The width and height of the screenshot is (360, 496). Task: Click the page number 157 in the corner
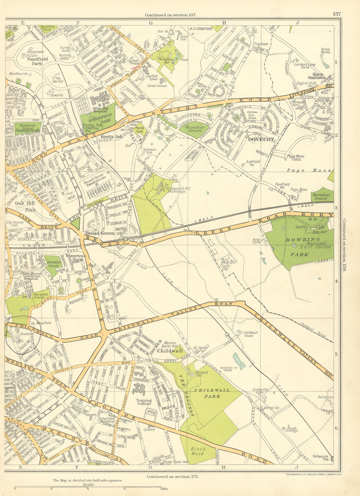tap(337, 14)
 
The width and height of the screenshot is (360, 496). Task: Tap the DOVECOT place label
tap(261, 139)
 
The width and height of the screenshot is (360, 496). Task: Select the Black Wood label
tap(197, 451)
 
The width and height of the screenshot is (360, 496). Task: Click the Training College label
tap(144, 402)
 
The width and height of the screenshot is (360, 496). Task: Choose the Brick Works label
tap(325, 51)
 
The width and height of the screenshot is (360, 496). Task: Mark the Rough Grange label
tap(292, 429)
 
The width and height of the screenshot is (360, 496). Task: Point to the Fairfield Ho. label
tap(283, 186)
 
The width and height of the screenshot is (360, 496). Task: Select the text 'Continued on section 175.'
tap(172, 476)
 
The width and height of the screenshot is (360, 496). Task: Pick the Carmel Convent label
tap(157, 86)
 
